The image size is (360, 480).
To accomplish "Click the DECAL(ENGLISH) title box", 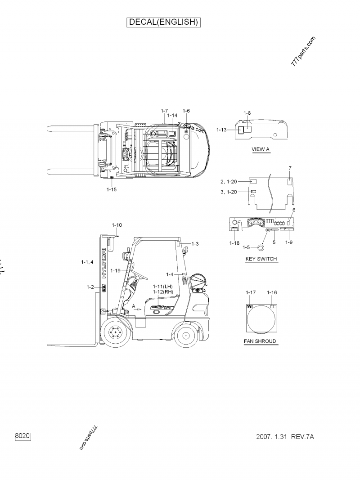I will [x=164, y=22].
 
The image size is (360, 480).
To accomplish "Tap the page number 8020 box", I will [x=23, y=436].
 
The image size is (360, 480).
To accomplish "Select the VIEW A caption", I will [x=261, y=149].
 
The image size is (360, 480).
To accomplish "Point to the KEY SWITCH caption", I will [x=261, y=259].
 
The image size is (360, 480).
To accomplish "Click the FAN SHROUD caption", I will [x=260, y=341].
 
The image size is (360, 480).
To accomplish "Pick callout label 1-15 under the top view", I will [x=112, y=189].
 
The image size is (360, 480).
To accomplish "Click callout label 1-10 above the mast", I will [x=117, y=224].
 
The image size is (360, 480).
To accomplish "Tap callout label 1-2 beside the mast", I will [x=90, y=287].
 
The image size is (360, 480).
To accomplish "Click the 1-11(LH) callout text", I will [x=162, y=286].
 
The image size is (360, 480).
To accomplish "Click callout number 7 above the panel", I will [x=290, y=168].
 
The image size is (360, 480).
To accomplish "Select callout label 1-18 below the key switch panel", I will [x=234, y=242].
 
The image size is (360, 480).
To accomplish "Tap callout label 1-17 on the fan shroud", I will [x=251, y=292].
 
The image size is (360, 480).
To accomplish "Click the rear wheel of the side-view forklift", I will [x=185, y=335].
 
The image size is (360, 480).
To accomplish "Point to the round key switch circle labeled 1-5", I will [x=261, y=247].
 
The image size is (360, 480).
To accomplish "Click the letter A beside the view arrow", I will [x=133, y=305].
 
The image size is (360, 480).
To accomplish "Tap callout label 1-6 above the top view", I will [x=186, y=111].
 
